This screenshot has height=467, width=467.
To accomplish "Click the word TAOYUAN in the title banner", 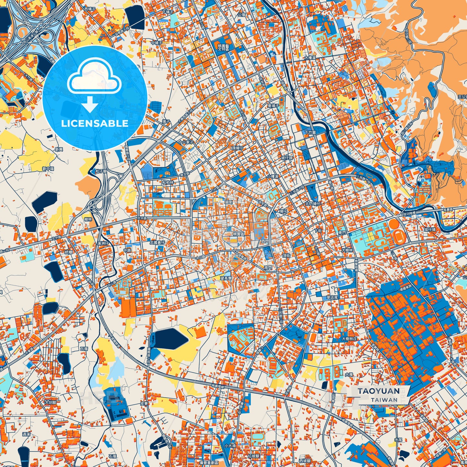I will (x=378, y=391).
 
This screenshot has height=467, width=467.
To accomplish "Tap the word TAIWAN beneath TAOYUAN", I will (x=384, y=399).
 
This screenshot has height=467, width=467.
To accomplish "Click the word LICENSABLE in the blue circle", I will (x=95, y=123).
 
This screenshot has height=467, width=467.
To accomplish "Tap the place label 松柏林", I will (x=168, y=182).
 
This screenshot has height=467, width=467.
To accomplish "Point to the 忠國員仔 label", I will (x=157, y=242).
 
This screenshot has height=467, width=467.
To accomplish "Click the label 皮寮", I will (x=144, y=403).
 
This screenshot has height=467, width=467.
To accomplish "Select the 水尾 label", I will (x=398, y=431).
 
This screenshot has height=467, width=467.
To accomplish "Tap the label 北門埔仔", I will (x=312, y=204).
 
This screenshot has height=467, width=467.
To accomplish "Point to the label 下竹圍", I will (x=310, y=133).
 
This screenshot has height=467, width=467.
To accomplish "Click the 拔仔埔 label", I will (x=430, y=229).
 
